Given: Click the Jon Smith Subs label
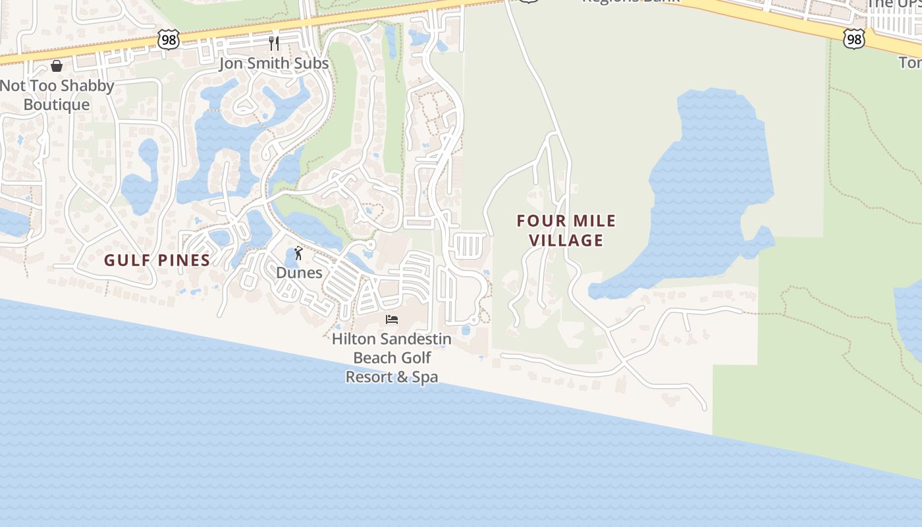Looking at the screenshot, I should pos(273,64).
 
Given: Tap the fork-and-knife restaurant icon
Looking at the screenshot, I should pos(274,43).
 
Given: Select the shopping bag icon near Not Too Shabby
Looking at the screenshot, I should pos(57,65).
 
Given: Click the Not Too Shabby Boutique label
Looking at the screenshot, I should pos(57,95).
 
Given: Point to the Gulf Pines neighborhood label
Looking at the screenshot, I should pos(157,260).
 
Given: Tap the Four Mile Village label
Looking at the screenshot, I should pos(566,231).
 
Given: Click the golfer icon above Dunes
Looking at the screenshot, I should pos(298,253).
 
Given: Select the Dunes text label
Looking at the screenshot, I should pos(299,273).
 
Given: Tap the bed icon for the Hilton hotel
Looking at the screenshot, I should pos(392,319).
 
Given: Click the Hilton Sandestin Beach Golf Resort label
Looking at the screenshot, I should pos(392,358).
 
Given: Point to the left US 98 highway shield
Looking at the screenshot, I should pos(169,39).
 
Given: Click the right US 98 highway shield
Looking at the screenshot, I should pos(854,39).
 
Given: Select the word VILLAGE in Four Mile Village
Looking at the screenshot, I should pos(566,240).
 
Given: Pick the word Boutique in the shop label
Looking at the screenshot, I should pos(57,105).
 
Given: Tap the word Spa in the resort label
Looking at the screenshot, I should pos(425,377).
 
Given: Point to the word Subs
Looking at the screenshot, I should pos(312,64).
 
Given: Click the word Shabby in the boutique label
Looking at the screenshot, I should pos(88,86).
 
